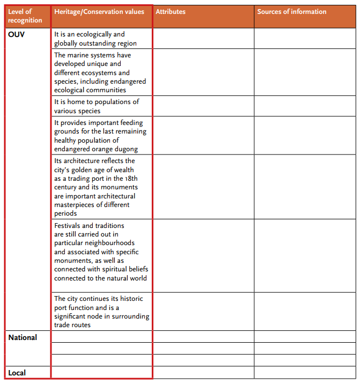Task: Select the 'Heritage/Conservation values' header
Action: (99, 12)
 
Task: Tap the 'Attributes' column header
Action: (171, 12)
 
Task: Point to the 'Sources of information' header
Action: (292, 12)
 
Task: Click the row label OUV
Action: (17, 34)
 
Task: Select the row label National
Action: (23, 337)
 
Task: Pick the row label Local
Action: (17, 373)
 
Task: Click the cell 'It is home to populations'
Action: (97, 106)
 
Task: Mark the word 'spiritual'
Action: (115, 269)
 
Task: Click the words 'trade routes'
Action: (72, 325)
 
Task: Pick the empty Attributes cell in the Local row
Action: (203, 373)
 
